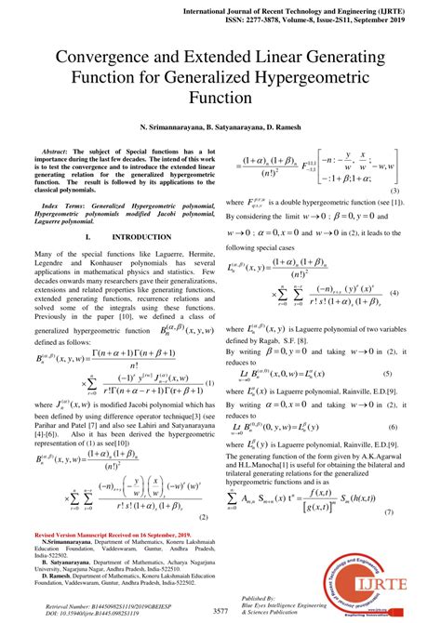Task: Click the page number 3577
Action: click(220, 611)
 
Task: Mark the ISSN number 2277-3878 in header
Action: click(316, 19)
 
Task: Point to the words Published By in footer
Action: click(260, 597)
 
